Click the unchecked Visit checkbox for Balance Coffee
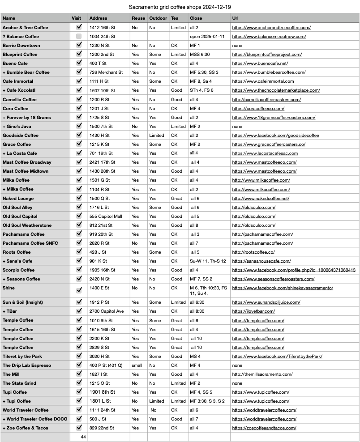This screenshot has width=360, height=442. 79,36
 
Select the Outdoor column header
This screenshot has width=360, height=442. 158,18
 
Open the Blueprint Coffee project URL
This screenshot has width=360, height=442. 266,54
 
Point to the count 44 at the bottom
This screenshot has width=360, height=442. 83,437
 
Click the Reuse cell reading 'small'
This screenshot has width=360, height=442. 137,365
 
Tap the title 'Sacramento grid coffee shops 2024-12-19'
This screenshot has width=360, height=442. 180,7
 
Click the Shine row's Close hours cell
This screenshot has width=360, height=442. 208,290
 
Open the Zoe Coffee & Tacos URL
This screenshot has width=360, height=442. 264,428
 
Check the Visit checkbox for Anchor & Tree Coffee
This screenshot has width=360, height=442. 79,27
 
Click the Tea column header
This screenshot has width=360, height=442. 175,18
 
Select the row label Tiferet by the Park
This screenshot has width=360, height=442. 22,356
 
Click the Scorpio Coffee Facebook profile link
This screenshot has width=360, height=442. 294,270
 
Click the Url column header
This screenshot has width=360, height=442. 236,18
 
